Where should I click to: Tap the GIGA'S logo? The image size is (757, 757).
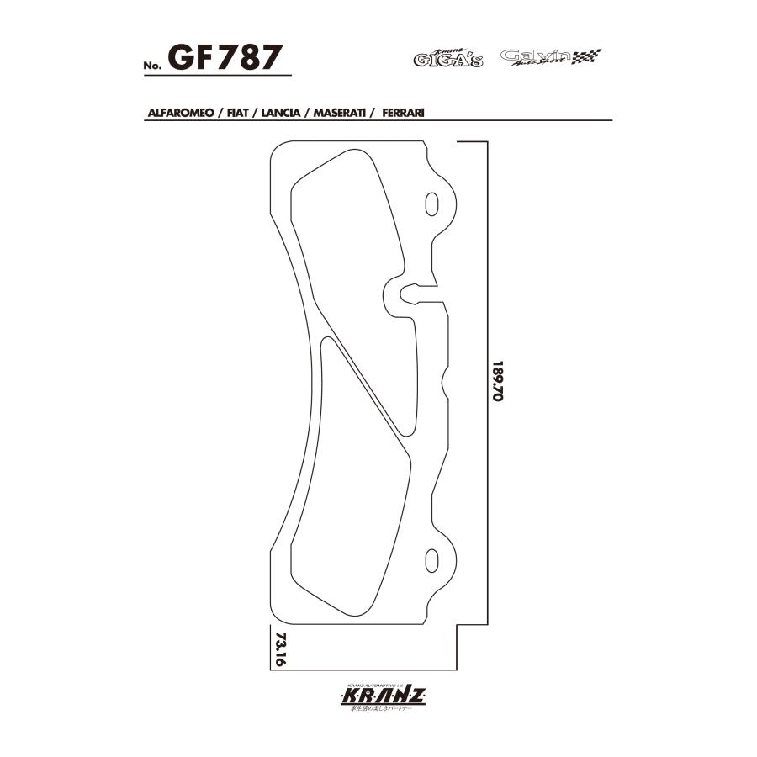point(448,59)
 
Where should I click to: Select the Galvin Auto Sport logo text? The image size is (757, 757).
point(535,57)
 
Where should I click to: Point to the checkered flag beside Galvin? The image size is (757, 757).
point(586,57)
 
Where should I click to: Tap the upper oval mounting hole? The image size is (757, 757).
point(432,204)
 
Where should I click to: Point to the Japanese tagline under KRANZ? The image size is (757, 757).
point(384,713)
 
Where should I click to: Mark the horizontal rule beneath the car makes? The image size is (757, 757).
point(378,120)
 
